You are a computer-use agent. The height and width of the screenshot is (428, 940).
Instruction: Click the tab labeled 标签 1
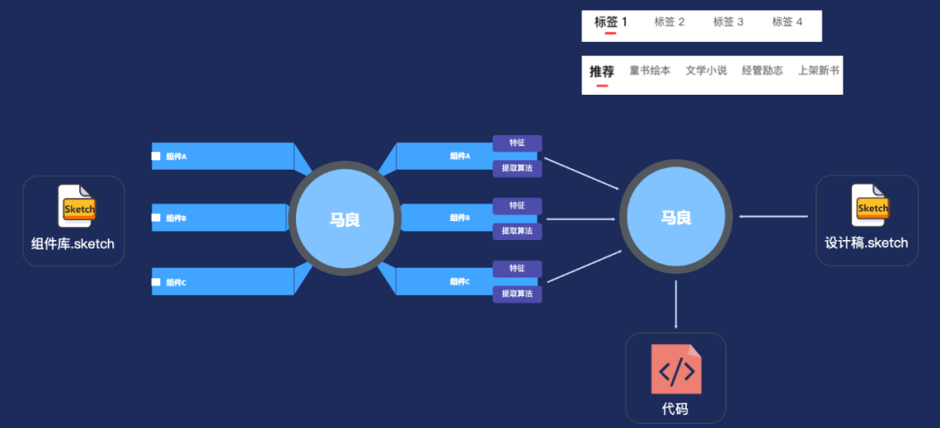(x=610, y=22)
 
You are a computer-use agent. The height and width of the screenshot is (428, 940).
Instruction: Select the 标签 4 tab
(x=787, y=22)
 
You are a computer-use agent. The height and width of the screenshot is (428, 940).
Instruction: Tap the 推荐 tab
(x=601, y=71)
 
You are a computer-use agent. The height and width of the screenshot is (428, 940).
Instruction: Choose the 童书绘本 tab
(x=649, y=71)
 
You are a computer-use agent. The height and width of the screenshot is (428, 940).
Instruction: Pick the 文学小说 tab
(x=706, y=71)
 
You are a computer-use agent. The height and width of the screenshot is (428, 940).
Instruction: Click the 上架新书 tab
(x=818, y=71)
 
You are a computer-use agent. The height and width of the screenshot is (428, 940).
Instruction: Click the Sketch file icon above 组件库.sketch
(x=77, y=206)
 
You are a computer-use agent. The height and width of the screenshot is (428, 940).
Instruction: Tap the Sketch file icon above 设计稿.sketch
(x=869, y=206)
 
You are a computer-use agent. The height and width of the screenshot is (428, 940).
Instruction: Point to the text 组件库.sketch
(x=73, y=244)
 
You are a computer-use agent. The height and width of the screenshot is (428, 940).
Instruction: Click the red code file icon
(x=676, y=370)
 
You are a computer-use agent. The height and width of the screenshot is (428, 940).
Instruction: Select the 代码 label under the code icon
(x=675, y=409)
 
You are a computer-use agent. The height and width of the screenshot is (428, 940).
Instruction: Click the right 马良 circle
(x=675, y=217)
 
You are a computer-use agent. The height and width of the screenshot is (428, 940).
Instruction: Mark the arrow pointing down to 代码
(x=676, y=304)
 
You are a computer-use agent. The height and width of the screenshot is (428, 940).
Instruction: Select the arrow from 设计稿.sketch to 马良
(x=774, y=217)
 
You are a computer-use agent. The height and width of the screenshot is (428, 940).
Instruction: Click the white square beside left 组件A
(x=157, y=157)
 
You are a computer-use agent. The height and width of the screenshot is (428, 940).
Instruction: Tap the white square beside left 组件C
(x=157, y=282)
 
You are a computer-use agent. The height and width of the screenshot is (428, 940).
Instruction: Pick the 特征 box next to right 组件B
(x=517, y=205)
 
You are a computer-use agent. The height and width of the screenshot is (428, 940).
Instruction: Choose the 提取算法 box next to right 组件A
(x=517, y=167)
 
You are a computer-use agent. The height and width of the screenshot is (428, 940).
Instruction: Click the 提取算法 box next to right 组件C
(x=517, y=294)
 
